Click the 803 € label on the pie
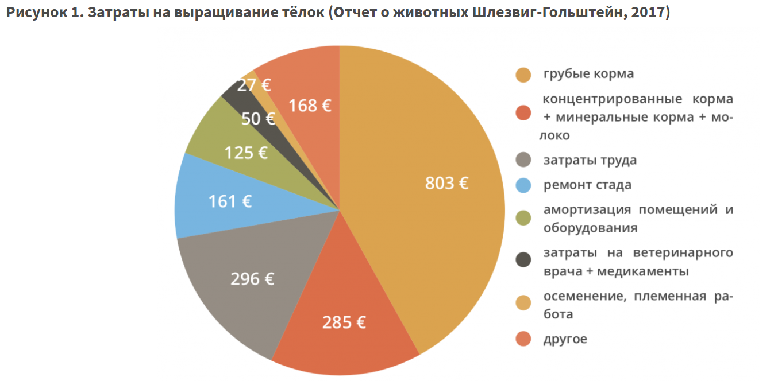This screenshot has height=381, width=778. click(446, 183)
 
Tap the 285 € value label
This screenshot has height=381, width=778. click(344, 322)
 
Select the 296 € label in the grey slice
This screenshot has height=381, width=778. click(252, 279)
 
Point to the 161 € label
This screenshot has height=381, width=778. click(229, 201)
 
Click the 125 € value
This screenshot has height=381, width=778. click(246, 153)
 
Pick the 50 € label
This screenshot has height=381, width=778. click(258, 119)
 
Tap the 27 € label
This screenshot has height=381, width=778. click(253, 85)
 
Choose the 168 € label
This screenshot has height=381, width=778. click(310, 106)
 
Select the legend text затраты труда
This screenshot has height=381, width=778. click(590, 160)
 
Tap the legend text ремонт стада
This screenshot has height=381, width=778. click(587, 185)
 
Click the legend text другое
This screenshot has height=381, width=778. click(565, 339)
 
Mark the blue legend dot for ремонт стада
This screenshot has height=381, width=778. click(523, 185)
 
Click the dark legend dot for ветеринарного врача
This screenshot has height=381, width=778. click(523, 260)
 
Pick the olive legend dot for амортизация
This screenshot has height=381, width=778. click(523, 217)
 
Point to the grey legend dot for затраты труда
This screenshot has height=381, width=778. click(523, 161)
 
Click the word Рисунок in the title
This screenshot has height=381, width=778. click(34, 13)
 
